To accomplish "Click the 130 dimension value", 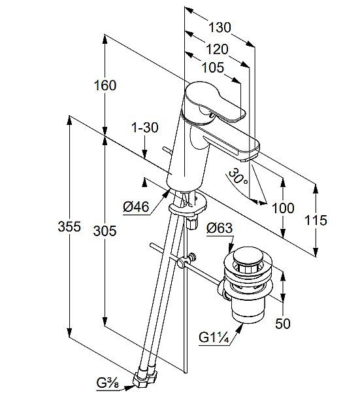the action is pyautogui.click(x=220, y=27).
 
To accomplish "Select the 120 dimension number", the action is pyautogui.click(x=217, y=49).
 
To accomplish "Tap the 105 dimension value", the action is pyautogui.click(x=213, y=67).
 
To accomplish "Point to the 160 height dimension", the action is pyautogui.click(x=105, y=85).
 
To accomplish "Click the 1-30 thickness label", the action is pyautogui.click(x=145, y=128).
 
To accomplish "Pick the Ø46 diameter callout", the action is pyautogui.click(x=136, y=207).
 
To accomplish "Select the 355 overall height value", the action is pyautogui.click(x=69, y=226).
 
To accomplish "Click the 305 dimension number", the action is pyautogui.click(x=105, y=231).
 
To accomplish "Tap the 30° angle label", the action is pyautogui.click(x=238, y=177).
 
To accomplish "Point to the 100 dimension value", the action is pyautogui.click(x=283, y=208).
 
